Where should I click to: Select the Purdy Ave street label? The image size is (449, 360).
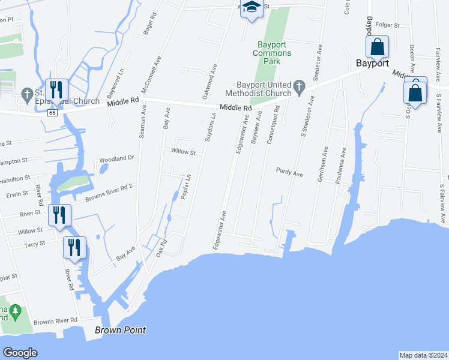click(x=289, y=173)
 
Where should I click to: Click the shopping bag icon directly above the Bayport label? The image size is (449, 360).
click(x=377, y=46)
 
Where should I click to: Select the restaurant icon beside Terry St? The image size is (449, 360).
click(x=74, y=247)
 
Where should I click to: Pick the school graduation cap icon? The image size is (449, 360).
click(x=252, y=8)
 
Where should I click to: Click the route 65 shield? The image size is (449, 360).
click(x=53, y=112)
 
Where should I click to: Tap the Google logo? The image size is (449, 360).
click(x=20, y=353)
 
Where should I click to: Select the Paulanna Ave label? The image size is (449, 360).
click(x=343, y=165)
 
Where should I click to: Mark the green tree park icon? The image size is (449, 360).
click(x=15, y=311)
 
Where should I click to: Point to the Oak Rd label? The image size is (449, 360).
click(x=161, y=247)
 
